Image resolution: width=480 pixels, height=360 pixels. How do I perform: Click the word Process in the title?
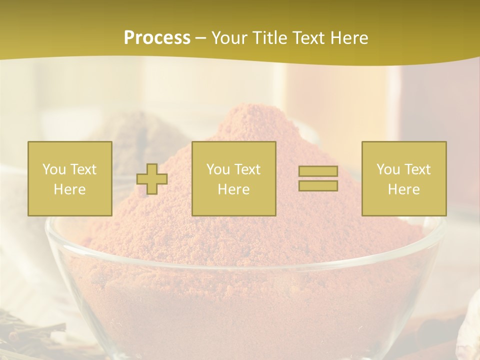(x=157, y=38)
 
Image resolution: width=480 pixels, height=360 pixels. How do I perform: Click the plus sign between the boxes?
(x=152, y=179)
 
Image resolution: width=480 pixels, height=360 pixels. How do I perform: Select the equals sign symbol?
(x=318, y=178)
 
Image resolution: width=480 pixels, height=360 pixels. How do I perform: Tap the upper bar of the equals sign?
(x=318, y=171)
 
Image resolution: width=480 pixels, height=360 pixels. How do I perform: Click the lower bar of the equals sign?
(x=318, y=185)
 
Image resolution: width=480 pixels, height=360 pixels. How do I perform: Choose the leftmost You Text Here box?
(x=70, y=178)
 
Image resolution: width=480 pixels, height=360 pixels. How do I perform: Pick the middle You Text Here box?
(x=233, y=178)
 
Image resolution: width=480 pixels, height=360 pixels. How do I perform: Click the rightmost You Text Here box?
(x=403, y=178)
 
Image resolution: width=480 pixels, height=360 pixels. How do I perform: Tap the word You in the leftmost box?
(x=54, y=169)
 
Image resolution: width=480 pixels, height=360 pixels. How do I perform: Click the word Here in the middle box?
(x=233, y=189)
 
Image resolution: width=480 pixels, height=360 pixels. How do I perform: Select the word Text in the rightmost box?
(x=417, y=169)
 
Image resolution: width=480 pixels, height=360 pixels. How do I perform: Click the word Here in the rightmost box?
(x=403, y=189)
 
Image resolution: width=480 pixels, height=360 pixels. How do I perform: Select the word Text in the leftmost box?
(x=83, y=169)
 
